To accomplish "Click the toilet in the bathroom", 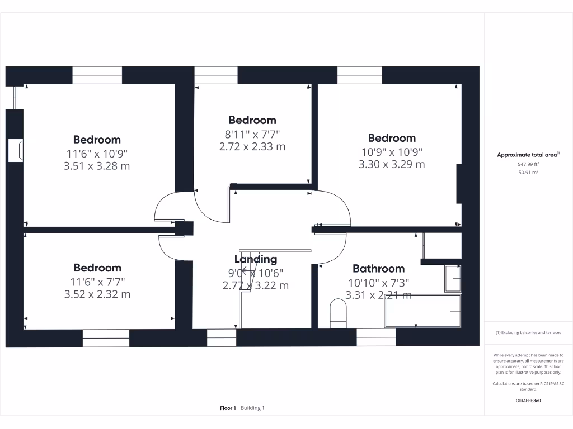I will point(338,313).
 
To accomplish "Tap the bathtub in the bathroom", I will point(422,311).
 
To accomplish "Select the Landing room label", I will point(255,259).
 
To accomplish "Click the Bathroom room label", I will point(378,269).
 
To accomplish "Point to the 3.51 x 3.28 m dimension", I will point(97,166).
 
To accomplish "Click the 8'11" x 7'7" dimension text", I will point(252,134).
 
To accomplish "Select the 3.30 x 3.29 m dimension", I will point(392,164).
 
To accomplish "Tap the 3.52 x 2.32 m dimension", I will point(97,294).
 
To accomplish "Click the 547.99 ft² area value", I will point(528,164).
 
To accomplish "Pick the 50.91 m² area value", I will point(528,173).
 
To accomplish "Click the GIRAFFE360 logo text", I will point(528,401).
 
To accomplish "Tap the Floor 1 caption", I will point(228,408).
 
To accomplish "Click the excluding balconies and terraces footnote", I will point(528,333).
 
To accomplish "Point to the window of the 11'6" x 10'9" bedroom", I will point(97,75).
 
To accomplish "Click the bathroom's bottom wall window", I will point(376,337).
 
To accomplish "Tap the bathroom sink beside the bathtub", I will point(453,279).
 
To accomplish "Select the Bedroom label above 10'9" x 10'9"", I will point(392,138).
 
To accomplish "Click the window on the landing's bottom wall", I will point(222,337).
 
